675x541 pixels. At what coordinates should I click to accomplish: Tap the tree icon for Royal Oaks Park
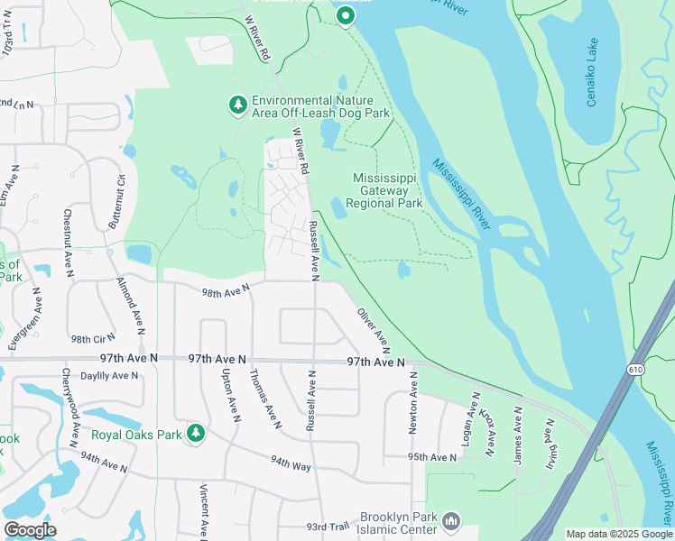(x=196, y=435)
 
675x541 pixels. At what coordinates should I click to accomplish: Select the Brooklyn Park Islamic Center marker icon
(x=451, y=521)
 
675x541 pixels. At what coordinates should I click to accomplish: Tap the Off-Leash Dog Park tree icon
(x=238, y=106)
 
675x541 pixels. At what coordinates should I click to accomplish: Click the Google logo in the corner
(x=30, y=530)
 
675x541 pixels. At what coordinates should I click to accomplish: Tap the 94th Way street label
(x=291, y=463)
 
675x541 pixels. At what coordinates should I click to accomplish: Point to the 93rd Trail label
(x=327, y=527)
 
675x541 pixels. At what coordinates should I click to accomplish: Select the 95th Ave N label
(x=432, y=457)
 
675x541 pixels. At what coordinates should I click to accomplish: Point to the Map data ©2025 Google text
(x=619, y=534)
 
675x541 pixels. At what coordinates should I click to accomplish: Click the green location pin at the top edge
(x=345, y=15)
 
